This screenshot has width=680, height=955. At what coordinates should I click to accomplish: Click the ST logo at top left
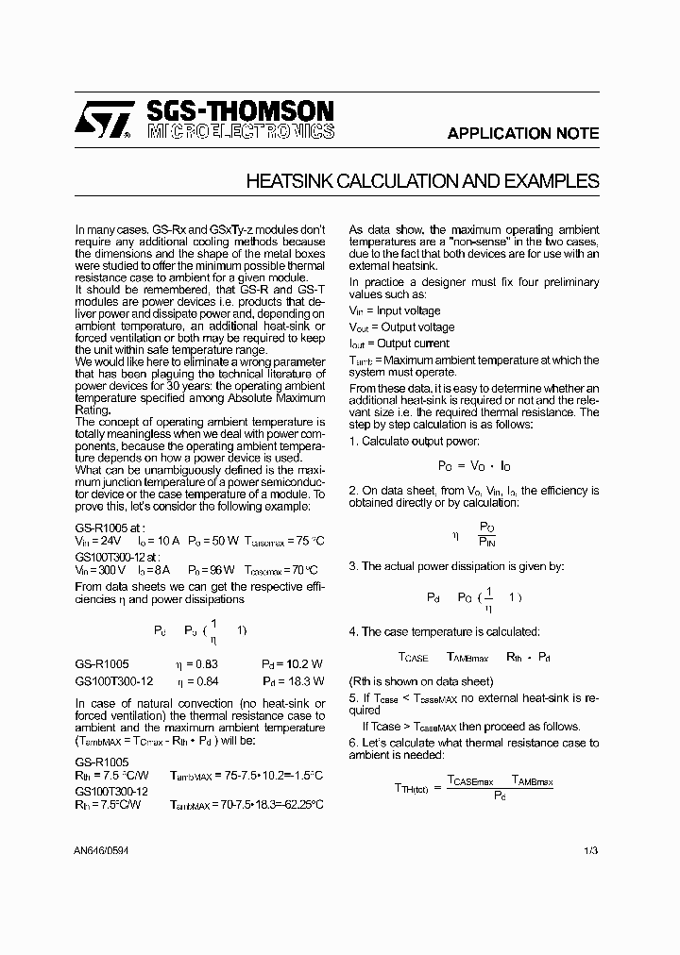click(x=103, y=121)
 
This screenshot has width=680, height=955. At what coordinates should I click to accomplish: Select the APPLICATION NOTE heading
click(x=522, y=133)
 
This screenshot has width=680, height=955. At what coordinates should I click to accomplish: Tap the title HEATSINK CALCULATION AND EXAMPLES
click(x=422, y=181)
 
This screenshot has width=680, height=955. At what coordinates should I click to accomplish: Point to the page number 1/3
click(x=591, y=851)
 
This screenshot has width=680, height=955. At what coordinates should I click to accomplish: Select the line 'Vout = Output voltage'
click(x=401, y=327)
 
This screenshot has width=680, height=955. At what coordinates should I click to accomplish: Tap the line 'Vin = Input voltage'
click(x=395, y=310)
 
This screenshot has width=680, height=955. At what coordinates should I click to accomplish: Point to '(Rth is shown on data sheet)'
click(x=421, y=680)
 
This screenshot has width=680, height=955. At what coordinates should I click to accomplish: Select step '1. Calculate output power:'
click(x=414, y=441)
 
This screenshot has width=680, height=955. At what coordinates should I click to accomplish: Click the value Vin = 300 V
click(x=99, y=570)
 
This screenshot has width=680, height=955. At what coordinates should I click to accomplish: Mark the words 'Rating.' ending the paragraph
click(x=93, y=410)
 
